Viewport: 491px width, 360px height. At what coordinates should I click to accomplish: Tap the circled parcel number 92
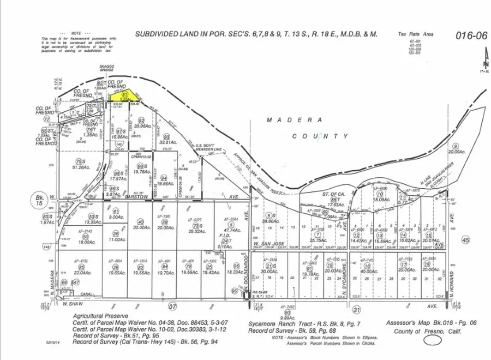141,120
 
